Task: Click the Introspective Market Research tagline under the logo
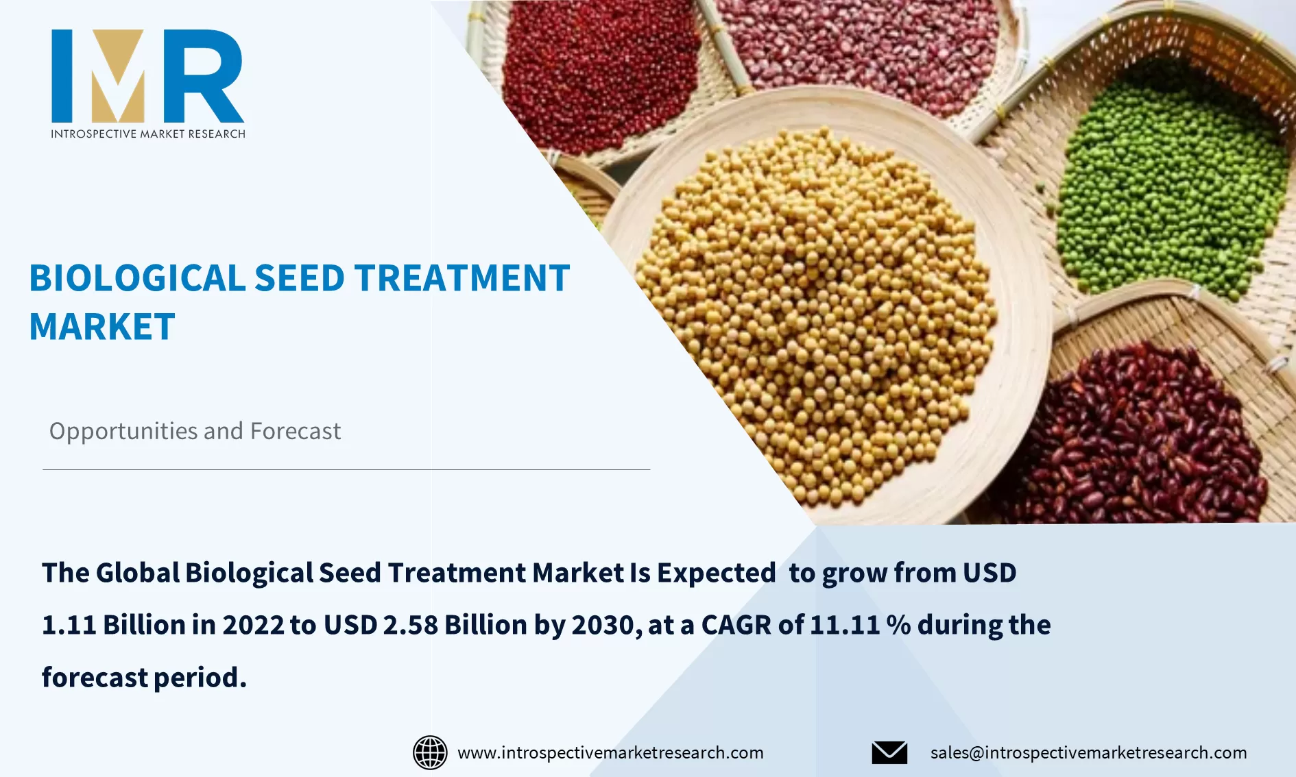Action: tap(148, 134)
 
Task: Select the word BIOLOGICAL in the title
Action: tap(137, 278)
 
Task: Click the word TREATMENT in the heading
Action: tap(461, 278)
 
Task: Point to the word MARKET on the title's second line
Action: tap(102, 327)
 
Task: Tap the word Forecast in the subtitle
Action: tap(295, 431)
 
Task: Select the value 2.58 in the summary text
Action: tap(410, 625)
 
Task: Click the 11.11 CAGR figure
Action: tap(845, 625)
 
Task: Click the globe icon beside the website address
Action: tap(430, 752)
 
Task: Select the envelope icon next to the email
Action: tap(889, 752)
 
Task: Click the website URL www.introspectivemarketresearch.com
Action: tap(610, 752)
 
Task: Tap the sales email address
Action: tap(1088, 752)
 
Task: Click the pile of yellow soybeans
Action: tap(816, 308)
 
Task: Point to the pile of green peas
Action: tap(1173, 192)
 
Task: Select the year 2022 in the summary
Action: tap(253, 625)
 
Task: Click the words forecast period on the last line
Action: tap(144, 678)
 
